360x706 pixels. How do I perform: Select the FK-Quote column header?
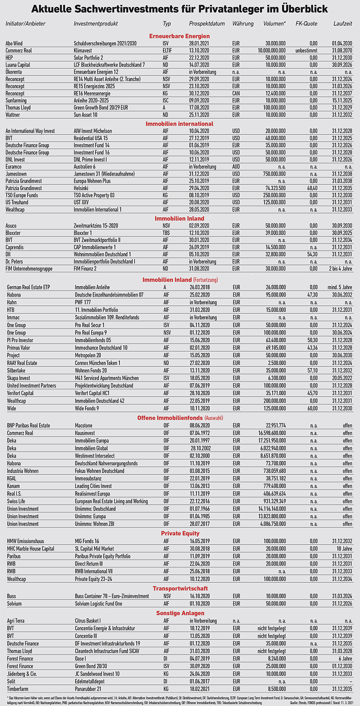tap(306, 23)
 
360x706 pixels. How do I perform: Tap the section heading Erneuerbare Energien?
tap(179, 36)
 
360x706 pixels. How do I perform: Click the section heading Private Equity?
tap(180, 534)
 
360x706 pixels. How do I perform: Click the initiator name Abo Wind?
tap(14, 43)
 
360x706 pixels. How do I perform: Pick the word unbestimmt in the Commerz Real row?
tap(306, 50)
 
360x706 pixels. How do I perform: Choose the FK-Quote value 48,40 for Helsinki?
tap(311, 188)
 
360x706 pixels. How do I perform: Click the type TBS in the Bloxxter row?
tap(166, 233)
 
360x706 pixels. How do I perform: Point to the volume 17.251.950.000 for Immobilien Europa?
tap(268, 441)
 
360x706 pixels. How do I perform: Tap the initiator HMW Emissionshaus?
tap(26, 541)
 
